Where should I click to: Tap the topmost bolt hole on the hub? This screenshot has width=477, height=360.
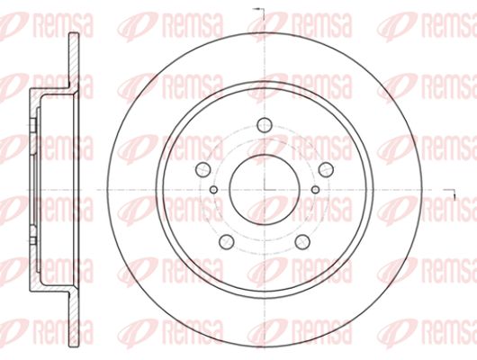264,125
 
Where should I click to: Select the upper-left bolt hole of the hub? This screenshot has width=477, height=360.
202,169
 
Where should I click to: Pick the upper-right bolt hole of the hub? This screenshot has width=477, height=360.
326,169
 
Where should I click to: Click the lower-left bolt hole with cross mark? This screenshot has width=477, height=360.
226,241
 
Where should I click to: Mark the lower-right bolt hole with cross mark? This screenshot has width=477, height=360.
302,241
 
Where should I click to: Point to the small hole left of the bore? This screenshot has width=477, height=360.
214,190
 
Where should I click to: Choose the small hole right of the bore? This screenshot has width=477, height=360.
316,190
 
